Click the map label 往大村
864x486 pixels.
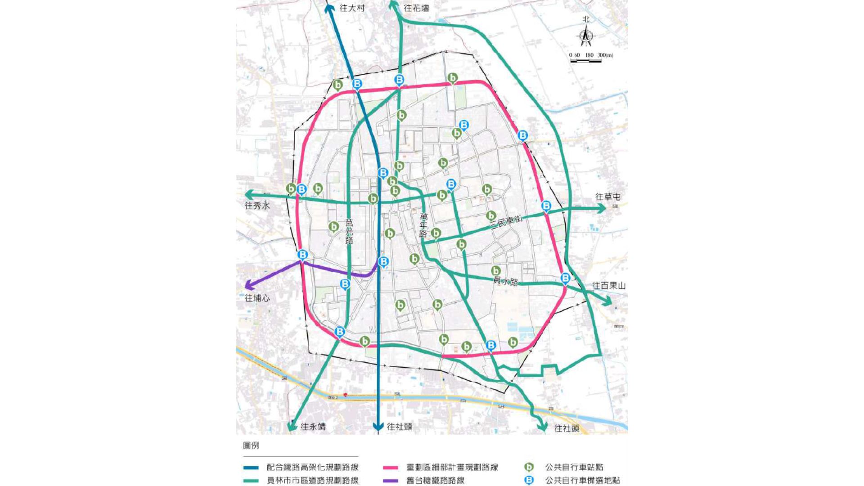point(352,8)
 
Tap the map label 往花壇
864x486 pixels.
point(416,8)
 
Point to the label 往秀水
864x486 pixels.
point(257,206)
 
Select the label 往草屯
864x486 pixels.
point(607,197)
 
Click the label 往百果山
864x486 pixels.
point(609,286)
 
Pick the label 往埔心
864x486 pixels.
point(257,298)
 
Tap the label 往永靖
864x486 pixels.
point(313,427)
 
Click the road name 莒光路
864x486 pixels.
point(349,231)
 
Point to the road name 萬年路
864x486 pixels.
point(423,225)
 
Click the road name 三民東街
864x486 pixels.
point(506,222)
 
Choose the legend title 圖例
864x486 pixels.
point(251,445)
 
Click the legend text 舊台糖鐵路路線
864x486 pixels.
point(435,481)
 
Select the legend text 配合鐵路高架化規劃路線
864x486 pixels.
point(312,467)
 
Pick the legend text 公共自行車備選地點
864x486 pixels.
point(582,481)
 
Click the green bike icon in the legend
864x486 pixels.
point(529,467)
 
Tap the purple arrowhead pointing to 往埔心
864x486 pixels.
point(247,286)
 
